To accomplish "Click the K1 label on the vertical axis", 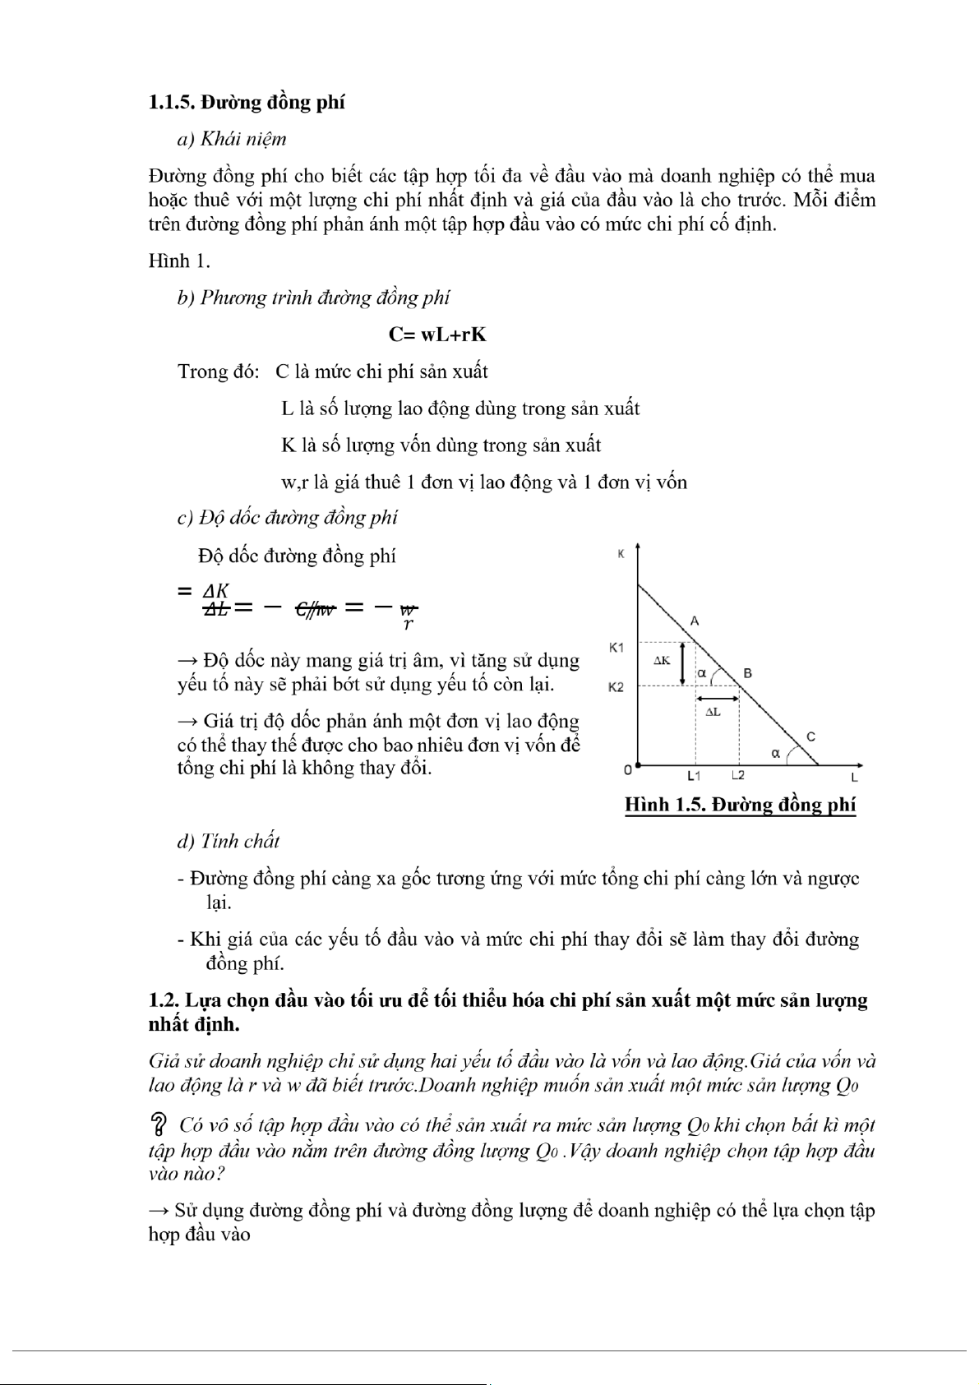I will click(x=616, y=648).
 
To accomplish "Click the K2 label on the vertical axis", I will click(x=616, y=687).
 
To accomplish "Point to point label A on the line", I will click(x=695, y=621).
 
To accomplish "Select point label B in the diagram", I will click(x=748, y=673).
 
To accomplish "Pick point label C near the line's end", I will click(x=810, y=736).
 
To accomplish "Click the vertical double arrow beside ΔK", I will click(x=683, y=663).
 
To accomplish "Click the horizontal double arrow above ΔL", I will click(x=718, y=699).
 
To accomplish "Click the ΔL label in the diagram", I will click(x=713, y=712).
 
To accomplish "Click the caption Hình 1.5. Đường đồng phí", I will click(x=741, y=805).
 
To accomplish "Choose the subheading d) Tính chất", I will click(x=229, y=841).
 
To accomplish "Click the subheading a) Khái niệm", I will click(x=232, y=139).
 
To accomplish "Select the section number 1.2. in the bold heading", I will click(x=164, y=1000).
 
